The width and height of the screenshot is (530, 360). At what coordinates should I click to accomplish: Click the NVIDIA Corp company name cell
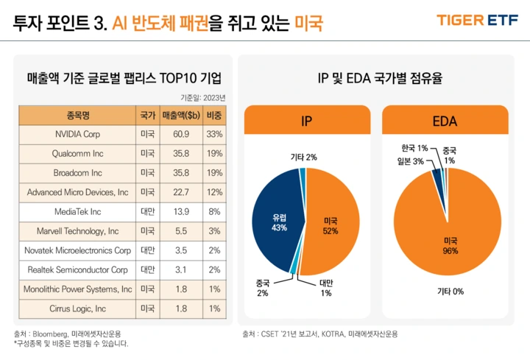pyautogui.click(x=77, y=135)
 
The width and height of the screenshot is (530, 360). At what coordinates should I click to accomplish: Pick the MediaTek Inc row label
pyautogui.click(x=77, y=211)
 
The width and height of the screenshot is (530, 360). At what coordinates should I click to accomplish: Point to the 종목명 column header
pyautogui.click(x=77, y=116)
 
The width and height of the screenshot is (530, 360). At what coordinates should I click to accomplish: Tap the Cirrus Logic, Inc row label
pyautogui.click(x=77, y=308)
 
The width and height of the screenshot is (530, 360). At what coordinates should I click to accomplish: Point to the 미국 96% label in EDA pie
pyautogui.click(x=450, y=246)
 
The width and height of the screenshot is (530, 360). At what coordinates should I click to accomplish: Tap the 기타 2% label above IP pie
pyautogui.click(x=303, y=158)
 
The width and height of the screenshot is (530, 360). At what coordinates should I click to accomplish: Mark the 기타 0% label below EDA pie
pyautogui.click(x=450, y=292)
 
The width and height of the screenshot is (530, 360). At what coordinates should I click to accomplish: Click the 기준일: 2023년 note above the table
pyautogui.click(x=204, y=96)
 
